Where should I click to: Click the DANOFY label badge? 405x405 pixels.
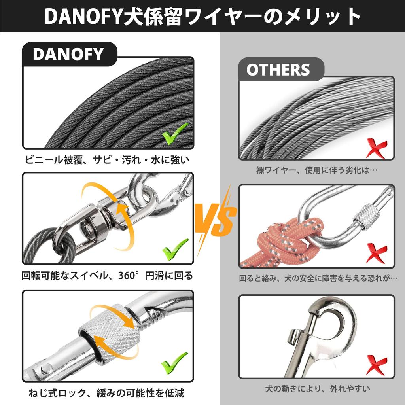(68, 54)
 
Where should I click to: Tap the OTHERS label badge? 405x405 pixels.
(278, 70)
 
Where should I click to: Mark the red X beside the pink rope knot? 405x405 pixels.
(376, 254)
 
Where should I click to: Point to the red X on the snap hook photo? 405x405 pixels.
(376, 365)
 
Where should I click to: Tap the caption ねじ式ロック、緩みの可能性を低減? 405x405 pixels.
(107, 393)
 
